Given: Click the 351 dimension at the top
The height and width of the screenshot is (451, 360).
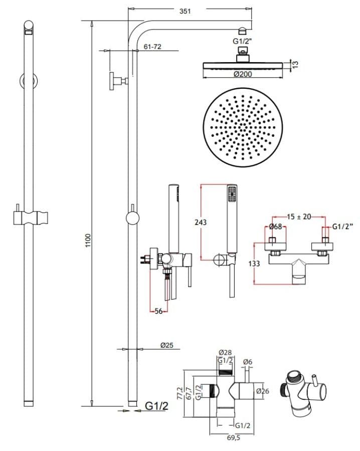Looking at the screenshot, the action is (x=185, y=11).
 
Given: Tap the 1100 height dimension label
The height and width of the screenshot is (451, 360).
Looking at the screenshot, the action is (x=88, y=241).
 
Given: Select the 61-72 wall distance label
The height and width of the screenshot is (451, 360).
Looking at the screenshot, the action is (x=152, y=47).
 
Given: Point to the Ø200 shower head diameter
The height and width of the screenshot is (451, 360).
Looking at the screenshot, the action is (x=243, y=74).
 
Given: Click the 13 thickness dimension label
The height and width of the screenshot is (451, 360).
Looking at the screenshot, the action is (x=295, y=65).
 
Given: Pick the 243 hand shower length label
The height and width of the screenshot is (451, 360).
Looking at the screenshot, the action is (x=201, y=222).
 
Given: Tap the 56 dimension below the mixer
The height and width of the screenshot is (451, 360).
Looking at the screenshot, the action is (x=158, y=311).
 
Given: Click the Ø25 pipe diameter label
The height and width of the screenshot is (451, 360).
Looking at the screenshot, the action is (x=167, y=345).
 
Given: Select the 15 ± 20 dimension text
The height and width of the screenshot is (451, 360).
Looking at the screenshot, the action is (x=299, y=216).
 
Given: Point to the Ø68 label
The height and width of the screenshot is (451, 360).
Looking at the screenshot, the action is (x=275, y=227).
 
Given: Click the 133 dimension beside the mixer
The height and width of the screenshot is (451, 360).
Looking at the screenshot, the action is (x=254, y=264).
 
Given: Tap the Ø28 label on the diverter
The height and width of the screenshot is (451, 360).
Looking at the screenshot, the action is (x=225, y=352).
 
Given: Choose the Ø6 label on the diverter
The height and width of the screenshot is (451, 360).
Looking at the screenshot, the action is (x=248, y=362).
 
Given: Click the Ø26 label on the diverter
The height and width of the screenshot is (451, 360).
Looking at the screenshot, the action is (x=262, y=391).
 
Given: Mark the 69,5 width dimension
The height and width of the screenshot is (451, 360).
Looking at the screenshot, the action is (x=233, y=438).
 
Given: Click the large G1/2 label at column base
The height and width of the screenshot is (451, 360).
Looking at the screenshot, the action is (x=156, y=406).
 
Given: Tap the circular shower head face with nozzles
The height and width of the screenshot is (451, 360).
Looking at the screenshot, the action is (x=243, y=127).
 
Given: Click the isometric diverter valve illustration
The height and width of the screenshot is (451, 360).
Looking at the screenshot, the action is (x=303, y=393).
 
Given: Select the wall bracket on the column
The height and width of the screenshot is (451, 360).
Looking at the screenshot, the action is (x=118, y=81).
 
